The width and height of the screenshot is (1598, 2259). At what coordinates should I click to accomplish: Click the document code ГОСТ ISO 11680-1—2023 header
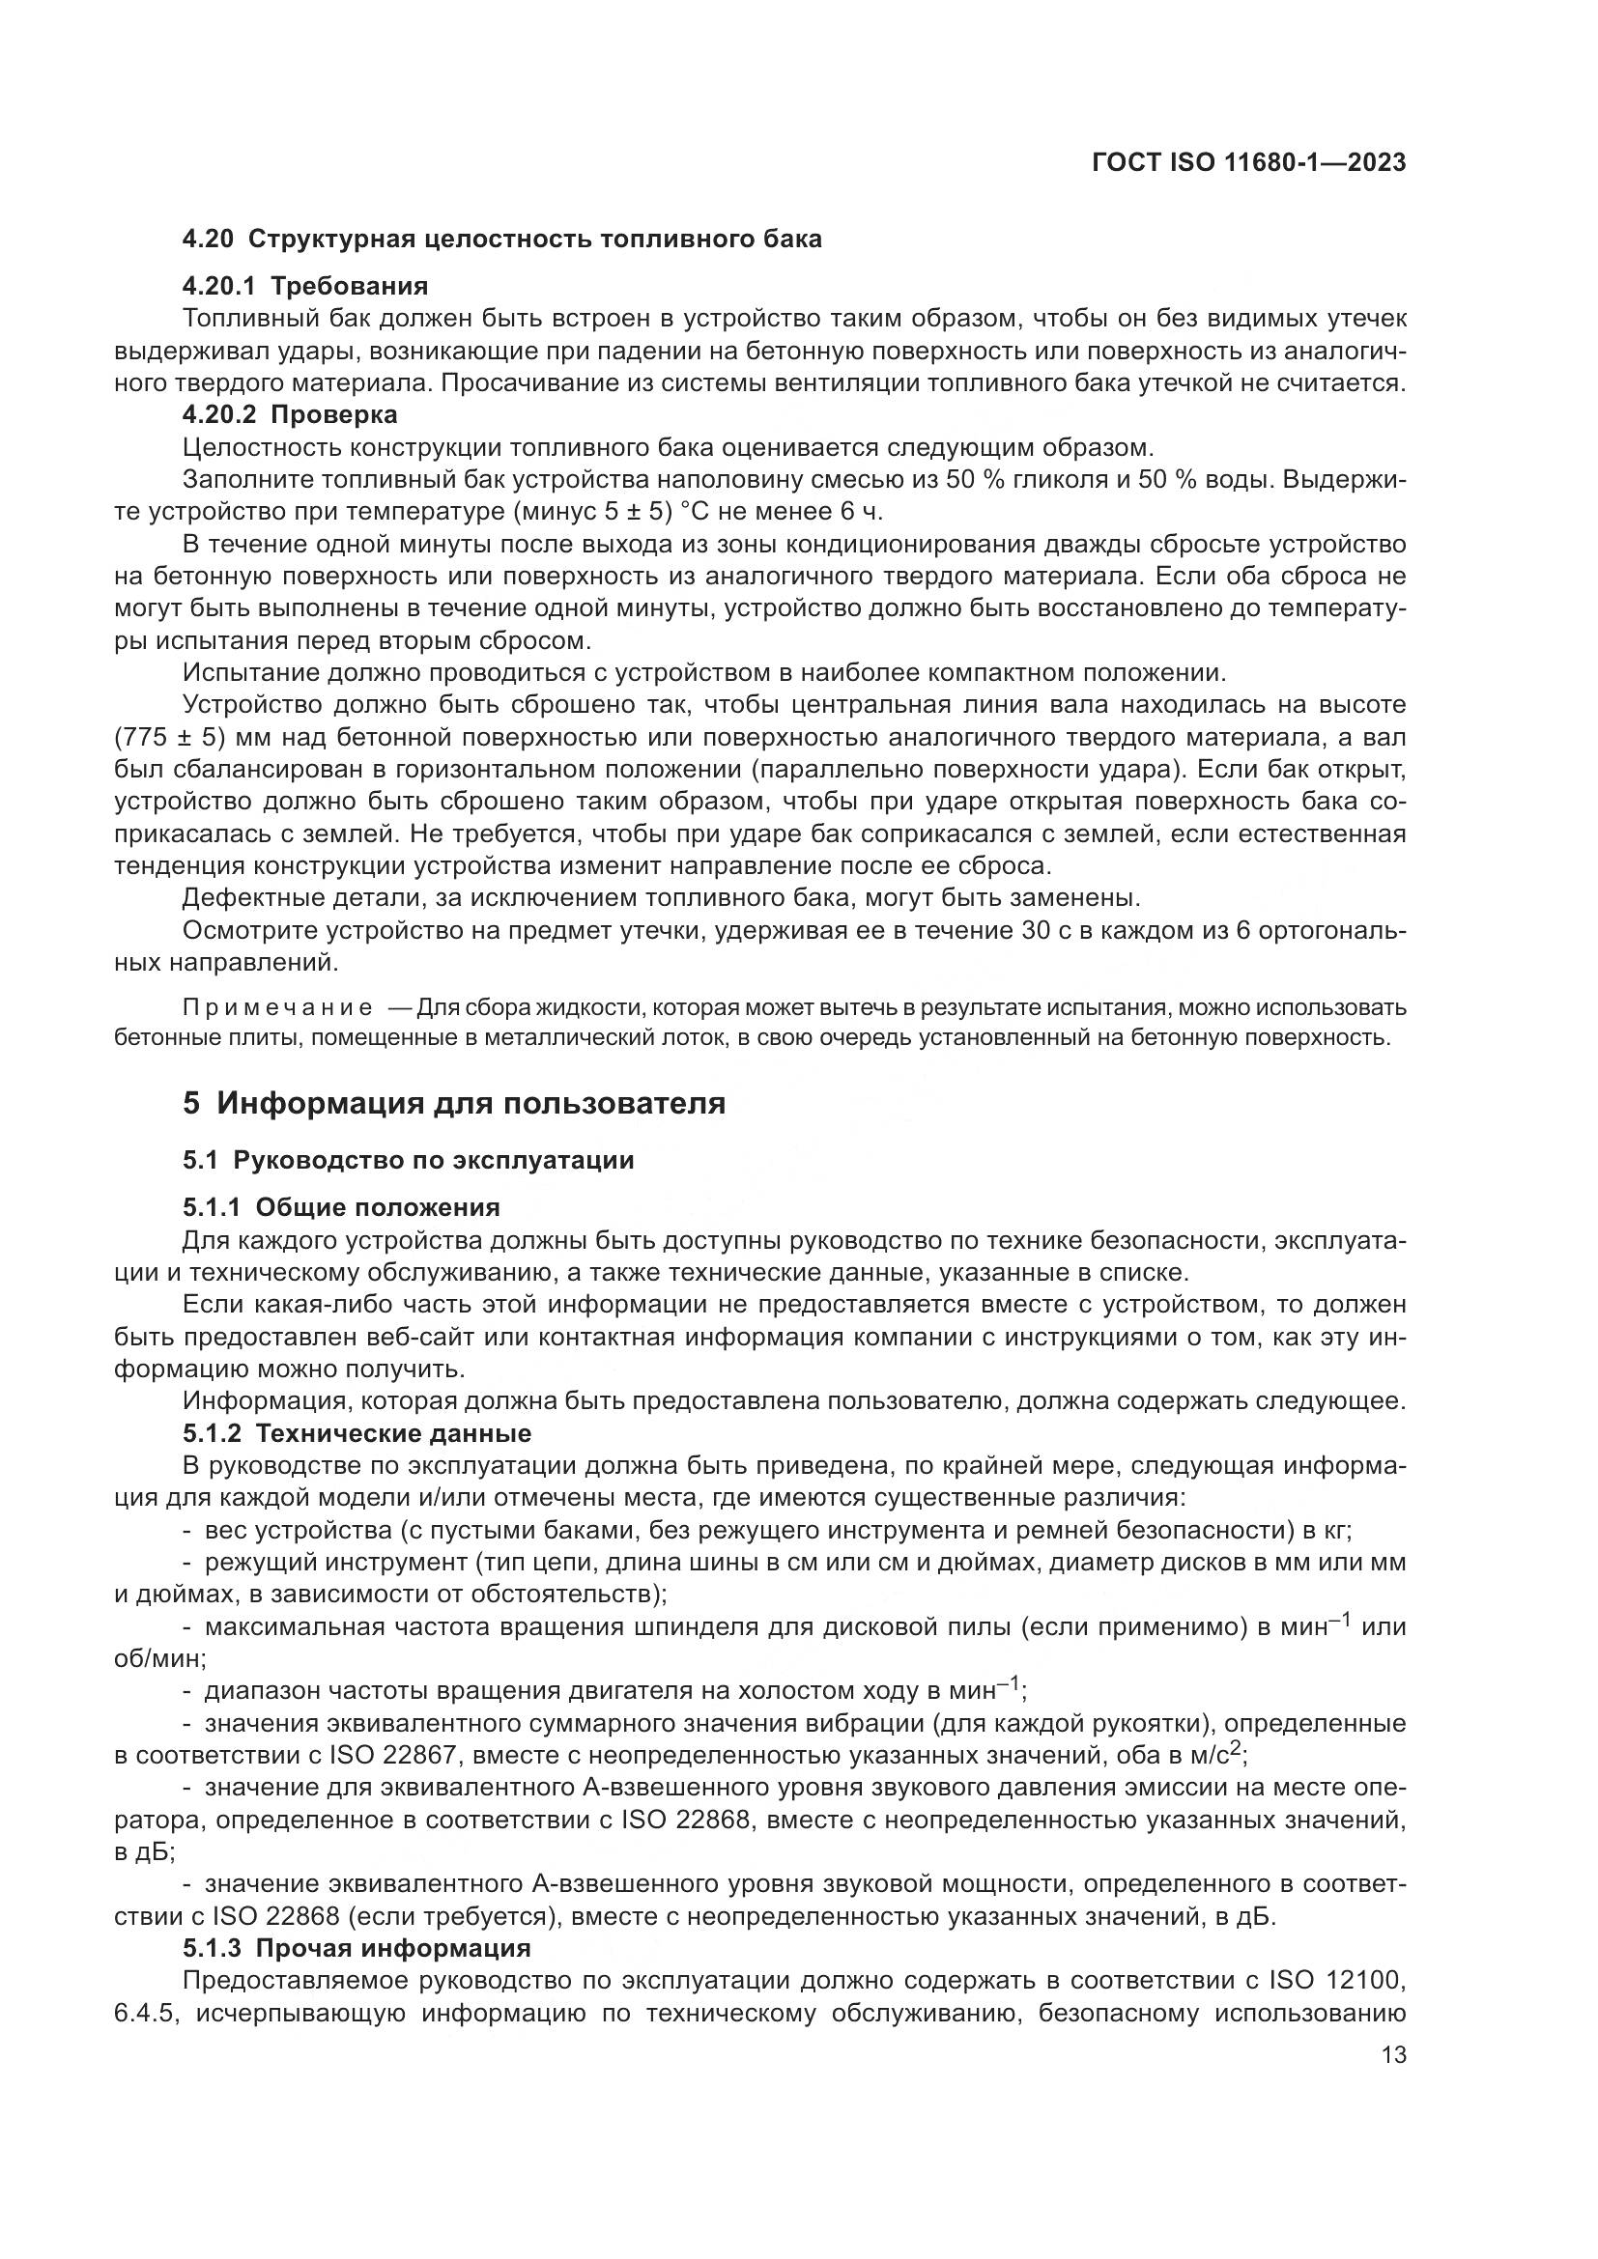1248,162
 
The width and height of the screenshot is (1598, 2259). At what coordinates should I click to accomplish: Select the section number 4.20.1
218,286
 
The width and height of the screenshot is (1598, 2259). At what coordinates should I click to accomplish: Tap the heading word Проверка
333,414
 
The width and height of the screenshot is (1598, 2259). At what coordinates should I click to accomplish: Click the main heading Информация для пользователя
471,1103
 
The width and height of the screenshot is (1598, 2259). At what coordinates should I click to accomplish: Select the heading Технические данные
401,1432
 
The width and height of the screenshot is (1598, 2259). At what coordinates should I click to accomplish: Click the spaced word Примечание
277,1007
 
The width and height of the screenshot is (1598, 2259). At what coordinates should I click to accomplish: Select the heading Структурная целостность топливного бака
534,239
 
